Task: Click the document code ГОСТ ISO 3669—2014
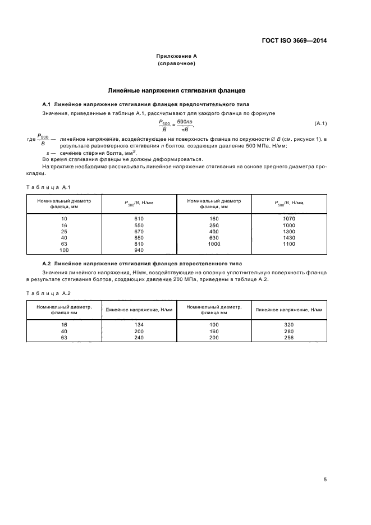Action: [x=294, y=40]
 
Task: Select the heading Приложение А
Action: [x=176, y=56]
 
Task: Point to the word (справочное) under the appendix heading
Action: [x=176, y=63]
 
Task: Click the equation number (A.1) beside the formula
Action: [x=320, y=123]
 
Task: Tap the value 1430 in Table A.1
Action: [x=290, y=238]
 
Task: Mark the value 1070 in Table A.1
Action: [x=290, y=218]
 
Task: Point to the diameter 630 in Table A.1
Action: [x=214, y=238]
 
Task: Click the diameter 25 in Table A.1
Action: [x=64, y=231]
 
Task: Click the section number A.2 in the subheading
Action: [x=47, y=263]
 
